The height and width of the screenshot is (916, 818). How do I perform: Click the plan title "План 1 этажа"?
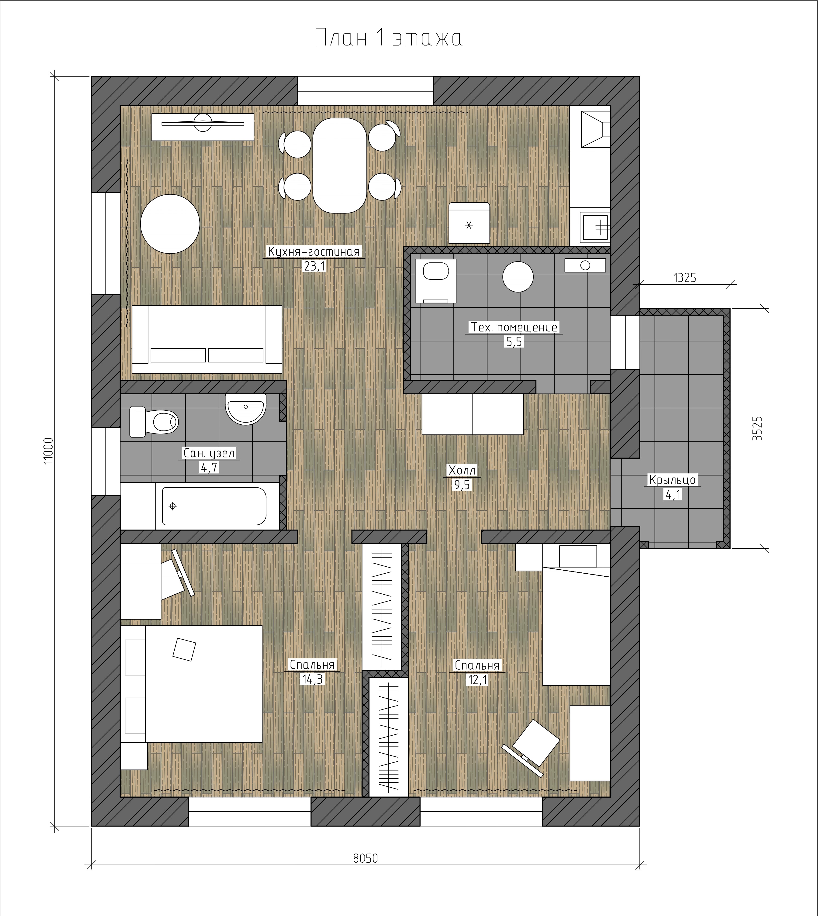tap(388, 38)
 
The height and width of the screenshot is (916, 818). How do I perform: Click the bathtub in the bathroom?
tap(214, 506)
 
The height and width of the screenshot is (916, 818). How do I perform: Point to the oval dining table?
tap(339, 165)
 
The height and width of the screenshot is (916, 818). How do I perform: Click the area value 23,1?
tap(314, 266)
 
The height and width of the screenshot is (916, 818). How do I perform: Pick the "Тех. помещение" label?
tap(514, 327)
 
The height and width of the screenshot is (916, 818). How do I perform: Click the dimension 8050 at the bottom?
tap(365, 858)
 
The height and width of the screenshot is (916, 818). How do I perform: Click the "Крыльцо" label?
tap(672, 480)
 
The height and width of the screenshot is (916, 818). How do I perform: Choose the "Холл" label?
tap(462, 470)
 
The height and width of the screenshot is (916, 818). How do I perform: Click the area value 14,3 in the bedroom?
tap(312, 679)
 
